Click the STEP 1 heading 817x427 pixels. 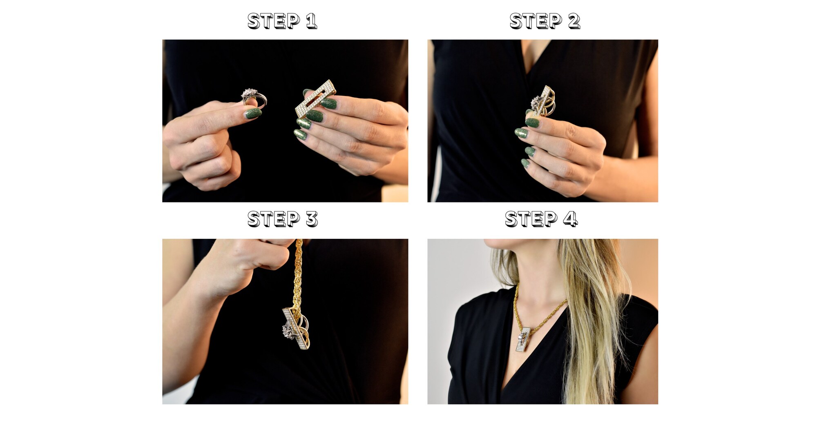click(x=282, y=21)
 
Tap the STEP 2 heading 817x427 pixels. click(x=545, y=21)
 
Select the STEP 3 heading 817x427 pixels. click(x=283, y=219)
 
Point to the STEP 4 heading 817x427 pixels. click(x=541, y=219)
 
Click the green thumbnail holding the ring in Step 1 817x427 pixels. click(x=253, y=113)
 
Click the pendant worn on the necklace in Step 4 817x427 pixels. click(x=525, y=340)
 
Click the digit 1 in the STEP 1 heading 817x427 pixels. click(x=311, y=21)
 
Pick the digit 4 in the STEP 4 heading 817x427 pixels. click(x=571, y=219)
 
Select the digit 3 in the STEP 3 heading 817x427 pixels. click(x=312, y=219)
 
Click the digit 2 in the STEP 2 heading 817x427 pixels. click(x=574, y=21)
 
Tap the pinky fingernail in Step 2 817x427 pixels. click(x=525, y=163)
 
